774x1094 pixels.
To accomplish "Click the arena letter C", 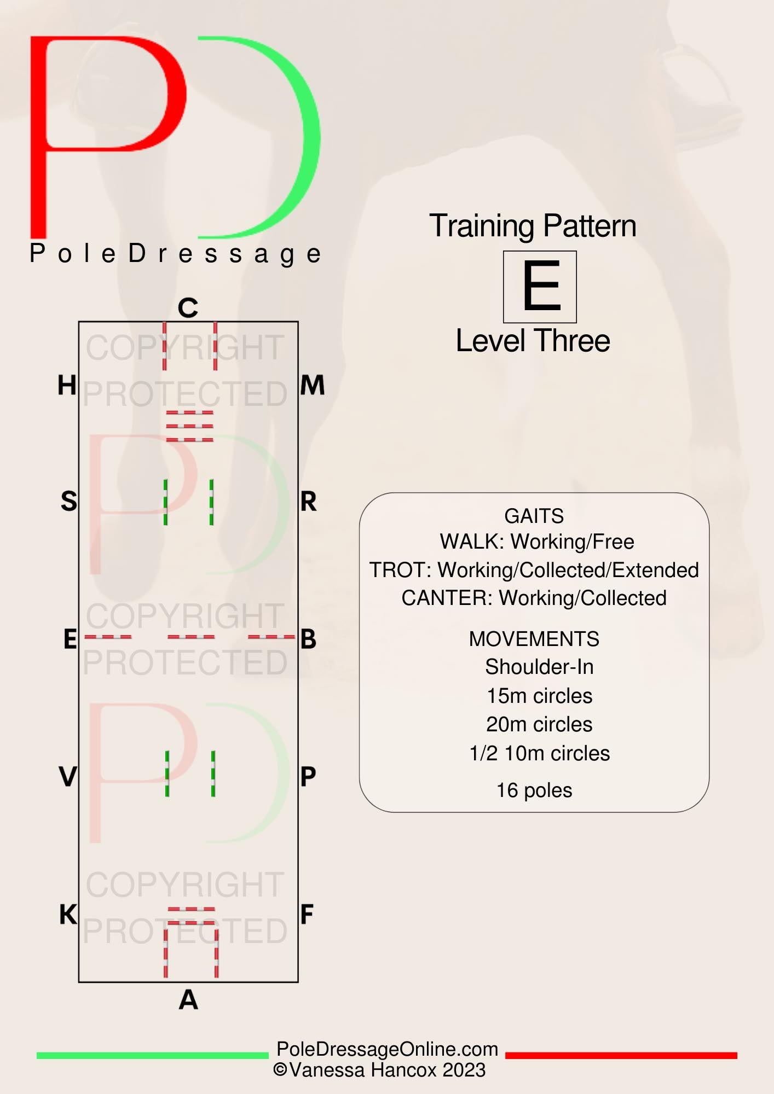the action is coord(188,308).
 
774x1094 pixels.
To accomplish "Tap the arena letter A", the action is coord(188,999).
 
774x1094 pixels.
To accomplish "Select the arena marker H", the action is coord(67,386).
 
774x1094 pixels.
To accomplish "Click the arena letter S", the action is coord(69,501).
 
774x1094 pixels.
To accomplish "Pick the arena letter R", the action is coord(309,501).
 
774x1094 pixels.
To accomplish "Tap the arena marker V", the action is coord(68,777).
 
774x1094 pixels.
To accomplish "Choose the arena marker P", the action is coord(308,777).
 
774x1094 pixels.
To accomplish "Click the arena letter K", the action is coord(68,915).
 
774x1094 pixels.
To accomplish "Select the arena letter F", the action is coord(307,915).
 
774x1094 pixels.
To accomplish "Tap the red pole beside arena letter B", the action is coord(272,637).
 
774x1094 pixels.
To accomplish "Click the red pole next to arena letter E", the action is coord(108,637).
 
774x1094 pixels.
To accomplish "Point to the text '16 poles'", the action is coord(534,790).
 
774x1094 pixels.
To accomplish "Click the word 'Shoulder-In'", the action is coord(539,667).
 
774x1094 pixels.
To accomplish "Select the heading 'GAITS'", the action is coord(534,516).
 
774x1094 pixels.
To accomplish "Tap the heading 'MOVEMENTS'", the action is coord(534,639).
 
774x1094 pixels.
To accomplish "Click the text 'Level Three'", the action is coord(533,341).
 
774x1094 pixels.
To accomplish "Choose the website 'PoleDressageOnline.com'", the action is coord(388,1049).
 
